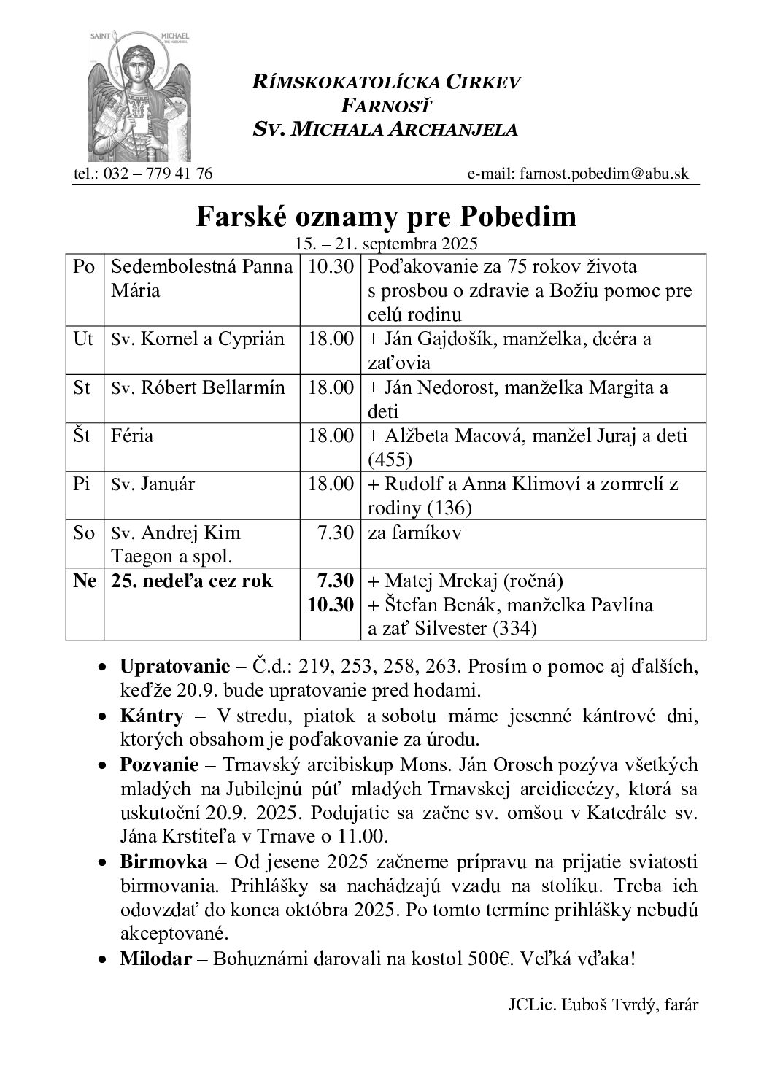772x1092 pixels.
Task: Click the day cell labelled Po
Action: [x=84, y=267]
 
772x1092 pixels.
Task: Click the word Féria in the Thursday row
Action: [x=133, y=435]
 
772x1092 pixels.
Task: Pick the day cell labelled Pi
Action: [x=82, y=484]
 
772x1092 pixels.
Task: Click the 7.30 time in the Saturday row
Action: [x=336, y=533]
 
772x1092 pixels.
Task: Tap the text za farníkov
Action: [x=414, y=533]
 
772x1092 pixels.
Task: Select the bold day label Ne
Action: [x=84, y=581]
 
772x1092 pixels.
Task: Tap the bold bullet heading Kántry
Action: [x=152, y=716]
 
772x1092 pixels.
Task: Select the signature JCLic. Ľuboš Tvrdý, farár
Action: [x=603, y=1004]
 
